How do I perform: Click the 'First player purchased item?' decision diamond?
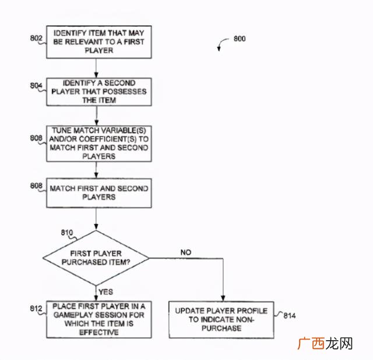[96, 258]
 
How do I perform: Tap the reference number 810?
[68, 233]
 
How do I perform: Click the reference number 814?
[290, 316]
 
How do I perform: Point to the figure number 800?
[239, 39]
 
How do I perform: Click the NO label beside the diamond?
[185, 252]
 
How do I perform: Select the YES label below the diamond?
[105, 292]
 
